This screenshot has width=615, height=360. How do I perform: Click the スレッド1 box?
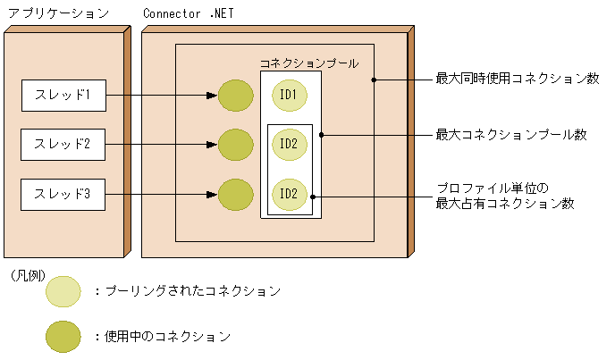(x=63, y=95)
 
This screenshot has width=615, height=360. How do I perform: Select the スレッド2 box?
(x=63, y=144)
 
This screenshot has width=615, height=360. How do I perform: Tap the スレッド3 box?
(x=63, y=194)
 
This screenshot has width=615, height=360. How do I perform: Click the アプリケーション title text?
(x=58, y=14)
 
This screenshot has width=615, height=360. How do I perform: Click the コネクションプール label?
(x=308, y=63)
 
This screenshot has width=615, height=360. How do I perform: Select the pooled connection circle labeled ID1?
(x=290, y=96)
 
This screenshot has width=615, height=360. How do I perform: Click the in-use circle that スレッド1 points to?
(x=236, y=96)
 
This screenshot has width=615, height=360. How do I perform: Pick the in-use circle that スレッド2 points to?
(x=236, y=144)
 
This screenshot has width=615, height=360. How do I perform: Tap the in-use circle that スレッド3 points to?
(x=236, y=194)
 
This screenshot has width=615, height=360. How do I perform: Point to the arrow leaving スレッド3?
(x=161, y=194)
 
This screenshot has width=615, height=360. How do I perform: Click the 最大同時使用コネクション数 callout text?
(x=517, y=79)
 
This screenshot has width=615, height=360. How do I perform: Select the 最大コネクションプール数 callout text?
(x=510, y=135)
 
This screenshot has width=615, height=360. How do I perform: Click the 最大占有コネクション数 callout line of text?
(x=504, y=204)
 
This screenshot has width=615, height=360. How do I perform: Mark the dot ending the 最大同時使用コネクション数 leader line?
(x=374, y=80)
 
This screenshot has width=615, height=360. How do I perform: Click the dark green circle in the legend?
(x=63, y=337)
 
